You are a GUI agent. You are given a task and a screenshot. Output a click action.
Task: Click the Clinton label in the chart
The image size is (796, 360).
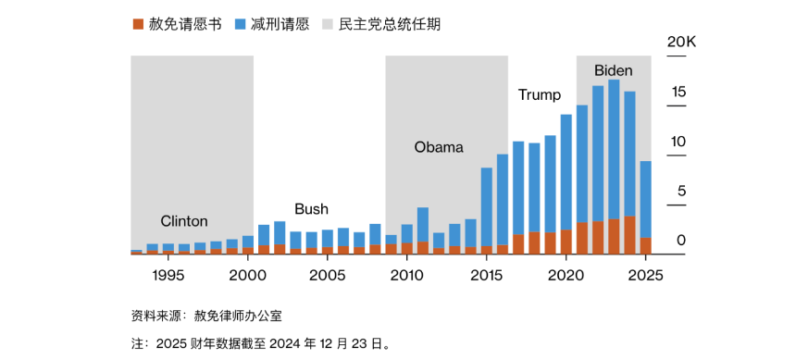[x=184, y=221]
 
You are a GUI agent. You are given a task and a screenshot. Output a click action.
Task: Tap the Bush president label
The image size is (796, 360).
[x=311, y=209]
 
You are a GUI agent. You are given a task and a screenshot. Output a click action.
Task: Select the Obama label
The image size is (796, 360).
[x=439, y=147]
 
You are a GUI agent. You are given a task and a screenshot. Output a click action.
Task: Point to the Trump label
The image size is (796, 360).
[x=540, y=95]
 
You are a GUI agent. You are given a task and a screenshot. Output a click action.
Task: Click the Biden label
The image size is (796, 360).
[x=613, y=70]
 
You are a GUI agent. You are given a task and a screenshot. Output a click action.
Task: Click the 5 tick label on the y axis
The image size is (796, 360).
[x=682, y=192]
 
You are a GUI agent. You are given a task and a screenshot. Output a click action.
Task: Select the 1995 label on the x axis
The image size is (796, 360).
[x=168, y=275]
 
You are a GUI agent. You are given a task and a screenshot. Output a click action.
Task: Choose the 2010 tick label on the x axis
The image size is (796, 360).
[x=406, y=275]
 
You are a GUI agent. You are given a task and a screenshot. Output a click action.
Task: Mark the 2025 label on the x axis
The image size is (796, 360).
[x=645, y=275]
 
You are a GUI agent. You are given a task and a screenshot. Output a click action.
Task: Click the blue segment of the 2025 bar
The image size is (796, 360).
[x=646, y=199]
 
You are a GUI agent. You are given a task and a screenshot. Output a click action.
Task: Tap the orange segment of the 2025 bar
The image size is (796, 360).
[x=646, y=245]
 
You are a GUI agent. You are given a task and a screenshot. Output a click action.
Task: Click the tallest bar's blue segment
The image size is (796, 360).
[x=614, y=148]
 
